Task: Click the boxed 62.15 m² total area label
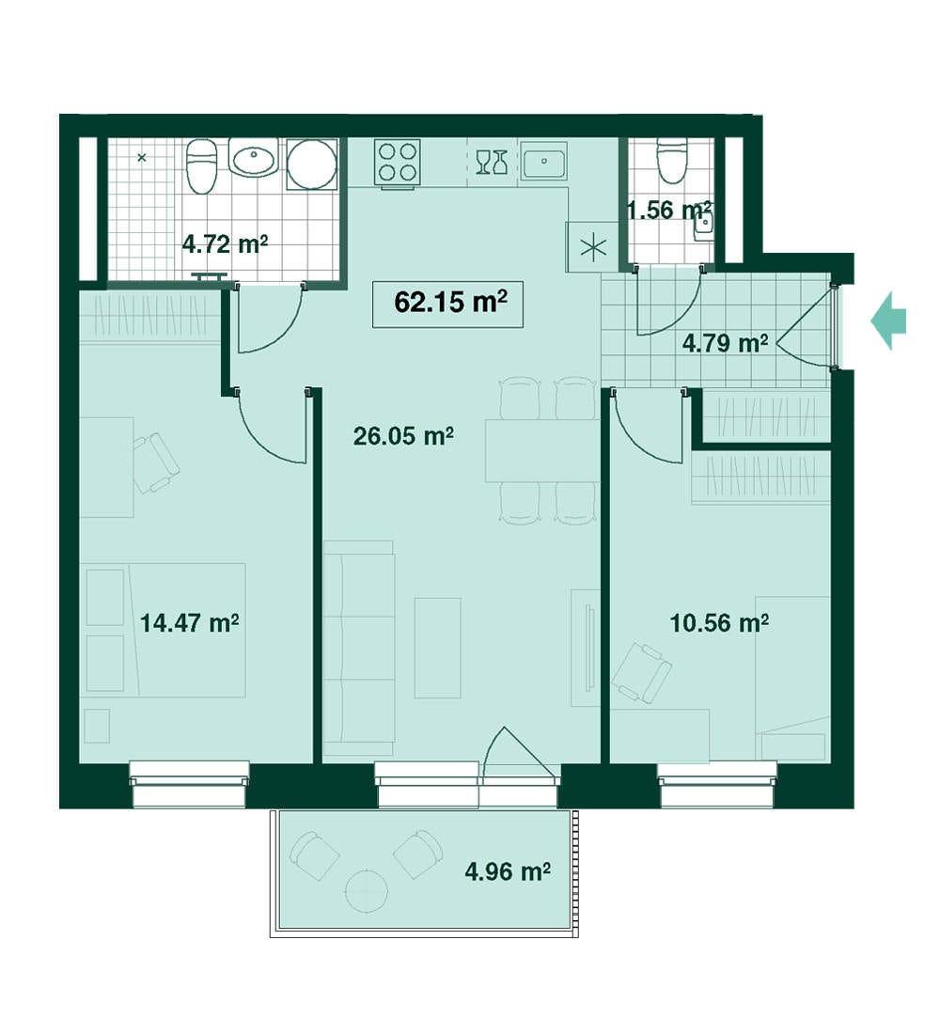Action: pyautogui.click(x=447, y=304)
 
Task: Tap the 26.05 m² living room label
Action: pyautogui.click(x=403, y=435)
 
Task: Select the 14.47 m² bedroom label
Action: pyautogui.click(x=189, y=622)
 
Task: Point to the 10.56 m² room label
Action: pyautogui.click(x=719, y=622)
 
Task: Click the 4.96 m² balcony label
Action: pyautogui.click(x=508, y=871)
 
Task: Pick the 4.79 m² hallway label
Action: pyautogui.click(x=725, y=343)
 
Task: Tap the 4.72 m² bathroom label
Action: pyautogui.click(x=225, y=244)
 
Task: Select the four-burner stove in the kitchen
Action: pyautogui.click(x=397, y=162)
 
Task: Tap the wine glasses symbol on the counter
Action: pyautogui.click(x=493, y=163)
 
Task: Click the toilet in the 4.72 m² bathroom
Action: pyautogui.click(x=202, y=166)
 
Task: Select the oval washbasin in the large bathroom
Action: pyautogui.click(x=254, y=158)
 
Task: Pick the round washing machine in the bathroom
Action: pyautogui.click(x=312, y=164)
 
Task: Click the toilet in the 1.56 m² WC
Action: pyautogui.click(x=672, y=160)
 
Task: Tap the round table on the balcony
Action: pyautogui.click(x=366, y=891)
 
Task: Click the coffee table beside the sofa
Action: pyautogui.click(x=437, y=648)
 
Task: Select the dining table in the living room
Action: pyautogui.click(x=542, y=450)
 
